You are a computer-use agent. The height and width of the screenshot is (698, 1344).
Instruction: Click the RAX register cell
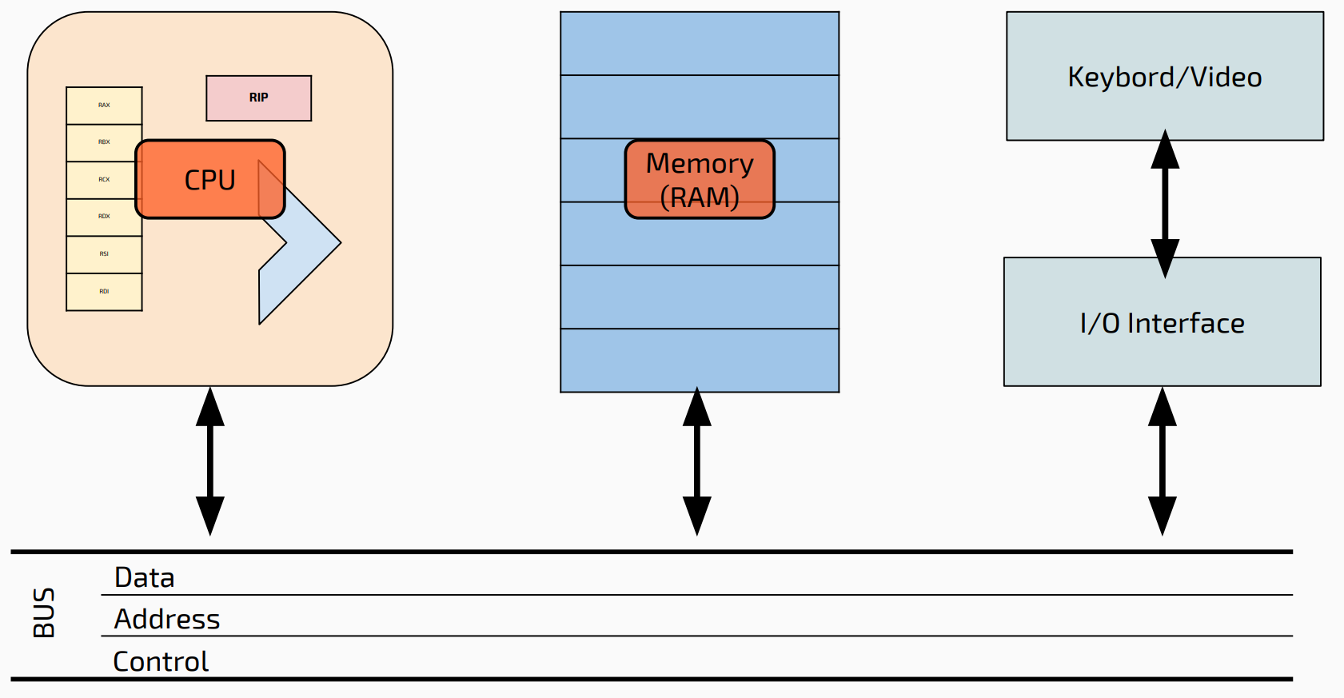click(x=104, y=106)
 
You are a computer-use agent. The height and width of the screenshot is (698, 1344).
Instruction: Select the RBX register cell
click(x=104, y=142)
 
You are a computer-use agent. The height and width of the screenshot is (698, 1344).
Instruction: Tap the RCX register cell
click(x=104, y=180)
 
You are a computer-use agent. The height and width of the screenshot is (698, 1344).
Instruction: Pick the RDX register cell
click(x=104, y=217)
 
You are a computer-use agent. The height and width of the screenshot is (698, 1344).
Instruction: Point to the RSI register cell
click(x=104, y=254)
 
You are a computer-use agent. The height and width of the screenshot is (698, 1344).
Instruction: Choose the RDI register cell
click(x=104, y=292)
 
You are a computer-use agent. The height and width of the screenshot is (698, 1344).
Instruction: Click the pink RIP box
click(x=258, y=98)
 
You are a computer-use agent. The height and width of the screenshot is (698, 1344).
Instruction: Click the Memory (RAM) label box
click(x=700, y=179)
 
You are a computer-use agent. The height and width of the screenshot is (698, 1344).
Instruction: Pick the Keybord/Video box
click(x=1164, y=77)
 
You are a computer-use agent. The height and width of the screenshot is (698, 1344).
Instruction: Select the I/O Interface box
click(x=1162, y=322)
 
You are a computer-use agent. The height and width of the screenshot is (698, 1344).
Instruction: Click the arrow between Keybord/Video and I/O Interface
click(x=1165, y=203)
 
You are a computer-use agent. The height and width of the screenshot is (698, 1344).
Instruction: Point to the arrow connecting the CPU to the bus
click(x=210, y=461)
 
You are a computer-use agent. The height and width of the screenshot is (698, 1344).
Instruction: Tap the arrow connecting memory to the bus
click(x=697, y=461)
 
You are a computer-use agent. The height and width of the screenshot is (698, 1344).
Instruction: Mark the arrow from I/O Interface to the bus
click(x=1162, y=461)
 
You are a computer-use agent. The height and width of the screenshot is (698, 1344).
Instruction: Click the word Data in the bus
click(x=145, y=577)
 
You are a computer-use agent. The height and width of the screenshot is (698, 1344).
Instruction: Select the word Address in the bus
click(x=167, y=619)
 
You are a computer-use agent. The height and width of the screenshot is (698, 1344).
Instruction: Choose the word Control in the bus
click(x=161, y=661)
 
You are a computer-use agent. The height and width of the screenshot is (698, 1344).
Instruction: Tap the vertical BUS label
click(x=44, y=612)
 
